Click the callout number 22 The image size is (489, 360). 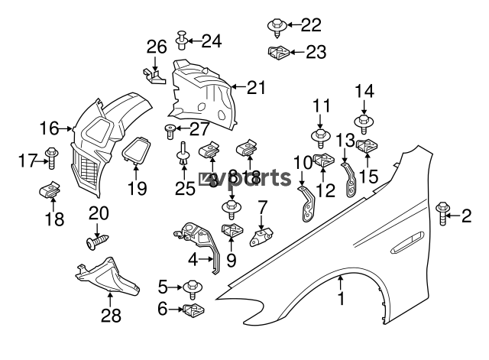(x=311, y=25)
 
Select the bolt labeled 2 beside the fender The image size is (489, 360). (x=442, y=213)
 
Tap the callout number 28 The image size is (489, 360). (x=111, y=316)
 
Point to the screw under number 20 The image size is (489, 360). (x=98, y=242)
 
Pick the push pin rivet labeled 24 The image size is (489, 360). (x=182, y=40)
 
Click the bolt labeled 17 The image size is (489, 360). (x=51, y=157)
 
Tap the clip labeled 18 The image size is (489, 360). (x=50, y=190)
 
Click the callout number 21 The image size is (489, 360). (x=257, y=88)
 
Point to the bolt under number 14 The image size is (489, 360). (x=364, y=124)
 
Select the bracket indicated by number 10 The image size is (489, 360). (x=307, y=204)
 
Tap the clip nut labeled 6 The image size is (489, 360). (x=193, y=310)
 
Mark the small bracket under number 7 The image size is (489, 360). (x=261, y=237)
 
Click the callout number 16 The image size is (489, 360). (x=49, y=128)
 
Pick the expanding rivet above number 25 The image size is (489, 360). (x=182, y=154)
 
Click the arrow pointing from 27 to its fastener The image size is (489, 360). (x=183, y=128)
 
